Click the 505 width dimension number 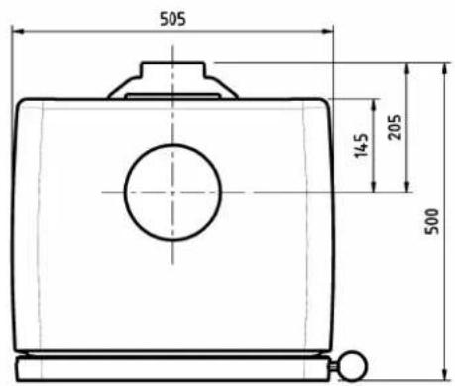tap(171, 17)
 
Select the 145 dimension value tap(361, 146)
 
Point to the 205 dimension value tap(396, 126)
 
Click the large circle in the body tap(171, 192)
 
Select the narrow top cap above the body tap(172, 71)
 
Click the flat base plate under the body tap(173, 368)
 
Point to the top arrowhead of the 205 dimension tap(406, 66)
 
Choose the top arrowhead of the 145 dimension tap(373, 103)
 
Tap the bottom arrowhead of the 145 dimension tap(373, 188)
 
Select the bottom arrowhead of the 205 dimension tap(406, 188)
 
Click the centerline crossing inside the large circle tap(171, 192)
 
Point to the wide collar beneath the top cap tap(172, 90)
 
